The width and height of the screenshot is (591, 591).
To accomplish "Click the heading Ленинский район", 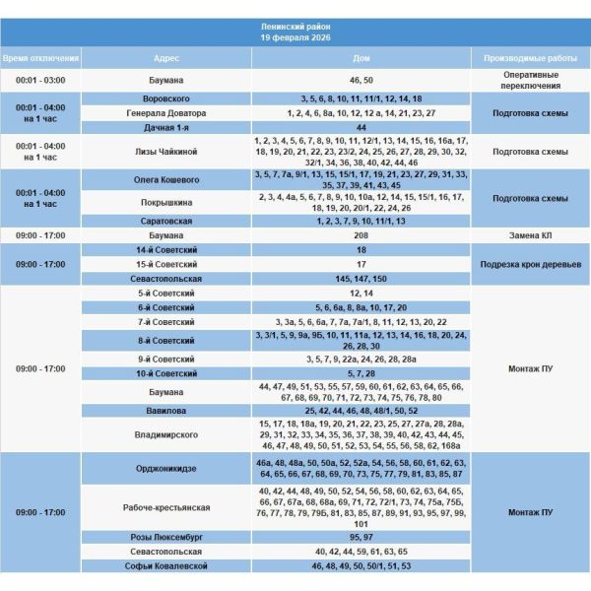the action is [295, 26].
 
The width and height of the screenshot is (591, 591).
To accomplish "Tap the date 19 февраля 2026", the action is [295, 37].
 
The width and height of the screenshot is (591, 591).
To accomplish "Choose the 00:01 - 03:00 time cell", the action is [40, 80].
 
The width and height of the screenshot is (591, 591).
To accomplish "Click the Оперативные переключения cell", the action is [530, 80].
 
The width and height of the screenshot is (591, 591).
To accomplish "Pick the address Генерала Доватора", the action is [166, 113].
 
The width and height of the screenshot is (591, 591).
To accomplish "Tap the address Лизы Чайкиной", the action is [166, 152].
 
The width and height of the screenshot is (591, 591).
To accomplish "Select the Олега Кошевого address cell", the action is [166, 180].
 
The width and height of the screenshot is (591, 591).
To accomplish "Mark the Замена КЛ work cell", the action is [530, 235].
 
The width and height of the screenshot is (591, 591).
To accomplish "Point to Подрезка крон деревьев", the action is [530, 265].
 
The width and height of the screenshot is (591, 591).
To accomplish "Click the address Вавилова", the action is [166, 410].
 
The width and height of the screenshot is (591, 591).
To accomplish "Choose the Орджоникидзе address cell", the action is [166, 467].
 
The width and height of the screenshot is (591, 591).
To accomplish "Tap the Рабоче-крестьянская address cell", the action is [166, 507].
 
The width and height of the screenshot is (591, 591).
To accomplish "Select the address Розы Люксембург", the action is [166, 538].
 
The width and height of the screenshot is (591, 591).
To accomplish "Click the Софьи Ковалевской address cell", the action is [166, 566].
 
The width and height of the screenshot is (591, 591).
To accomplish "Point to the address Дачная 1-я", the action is [166, 127].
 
